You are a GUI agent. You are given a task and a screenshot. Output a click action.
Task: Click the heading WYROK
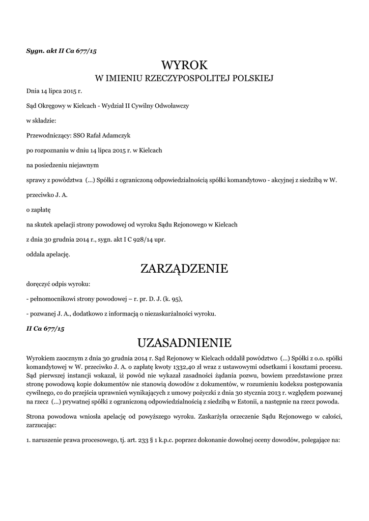[x=184, y=65]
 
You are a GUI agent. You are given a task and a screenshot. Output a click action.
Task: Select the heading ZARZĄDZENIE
[x=184, y=268]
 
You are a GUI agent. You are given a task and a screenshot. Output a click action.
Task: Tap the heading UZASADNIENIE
[x=184, y=341]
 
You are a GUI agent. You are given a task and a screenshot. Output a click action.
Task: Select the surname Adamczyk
[x=124, y=136]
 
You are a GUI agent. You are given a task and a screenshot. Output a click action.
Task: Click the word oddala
[x=36, y=253]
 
